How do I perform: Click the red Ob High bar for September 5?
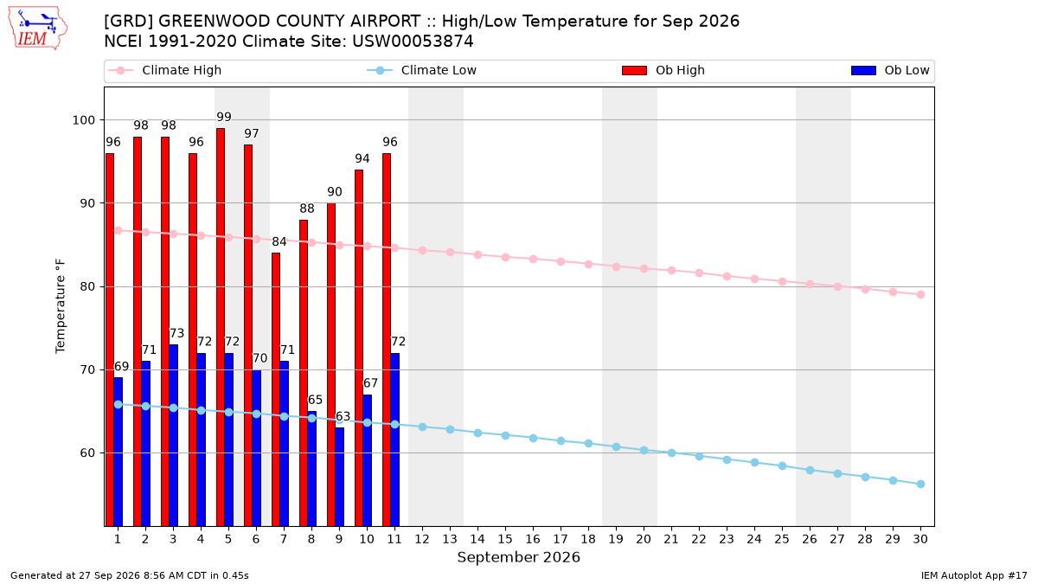[221, 327]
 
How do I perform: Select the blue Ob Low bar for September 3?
[173, 436]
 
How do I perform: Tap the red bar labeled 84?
[276, 390]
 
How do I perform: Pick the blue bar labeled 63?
[340, 477]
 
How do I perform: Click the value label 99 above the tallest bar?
[224, 117]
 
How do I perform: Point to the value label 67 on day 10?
[370, 383]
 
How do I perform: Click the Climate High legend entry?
[165, 70]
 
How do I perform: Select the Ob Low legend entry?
[891, 70]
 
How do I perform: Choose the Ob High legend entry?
[663, 70]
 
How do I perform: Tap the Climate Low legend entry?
[422, 70]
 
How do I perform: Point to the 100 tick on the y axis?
[83, 120]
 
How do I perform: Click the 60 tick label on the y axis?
[87, 452]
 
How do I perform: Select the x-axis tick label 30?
[920, 539]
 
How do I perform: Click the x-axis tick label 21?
[671, 539]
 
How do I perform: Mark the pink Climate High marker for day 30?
[920, 295]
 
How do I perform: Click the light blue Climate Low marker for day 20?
[644, 451]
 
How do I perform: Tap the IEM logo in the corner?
[38, 29]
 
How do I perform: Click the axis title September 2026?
[518, 557]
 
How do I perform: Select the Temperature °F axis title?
[61, 306]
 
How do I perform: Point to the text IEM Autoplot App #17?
[974, 575]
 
